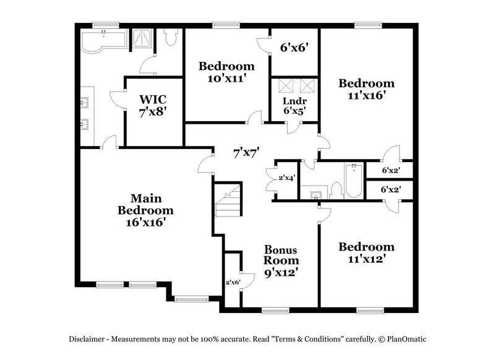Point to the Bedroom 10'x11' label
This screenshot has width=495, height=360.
(226, 72)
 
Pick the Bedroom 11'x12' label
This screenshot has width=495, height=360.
(366, 253)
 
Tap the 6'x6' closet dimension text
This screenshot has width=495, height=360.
(295, 46)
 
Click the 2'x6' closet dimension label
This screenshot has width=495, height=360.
(232, 281)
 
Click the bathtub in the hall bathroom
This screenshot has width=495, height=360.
(353, 181)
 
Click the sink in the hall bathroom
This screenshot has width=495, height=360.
(316, 195)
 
